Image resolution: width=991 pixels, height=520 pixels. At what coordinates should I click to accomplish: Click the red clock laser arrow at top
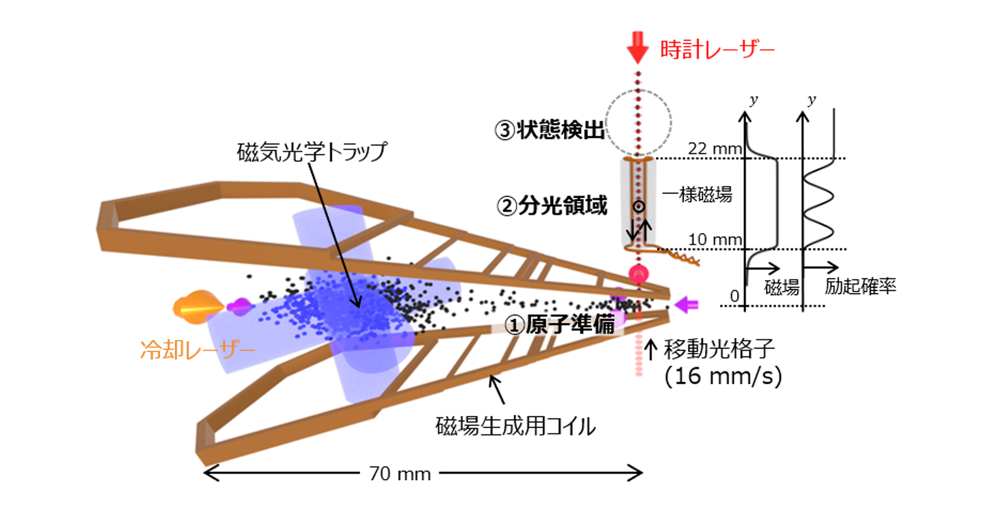(x=638, y=48)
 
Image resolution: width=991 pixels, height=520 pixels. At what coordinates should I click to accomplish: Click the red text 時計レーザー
(x=717, y=50)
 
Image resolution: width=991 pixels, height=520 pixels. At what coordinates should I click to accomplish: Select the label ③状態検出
(x=550, y=130)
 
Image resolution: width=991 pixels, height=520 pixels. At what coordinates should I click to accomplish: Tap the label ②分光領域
(x=551, y=206)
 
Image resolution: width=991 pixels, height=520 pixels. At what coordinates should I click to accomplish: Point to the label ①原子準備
(x=559, y=325)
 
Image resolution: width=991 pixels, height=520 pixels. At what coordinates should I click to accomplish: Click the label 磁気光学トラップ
(x=312, y=152)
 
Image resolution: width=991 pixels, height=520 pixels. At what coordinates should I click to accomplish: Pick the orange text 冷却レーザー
(x=198, y=350)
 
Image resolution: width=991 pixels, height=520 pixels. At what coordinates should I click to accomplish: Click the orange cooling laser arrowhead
(x=198, y=308)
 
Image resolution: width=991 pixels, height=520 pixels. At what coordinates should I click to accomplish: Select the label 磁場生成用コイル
(x=515, y=426)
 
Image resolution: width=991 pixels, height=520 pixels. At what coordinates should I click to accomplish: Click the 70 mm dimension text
(x=400, y=474)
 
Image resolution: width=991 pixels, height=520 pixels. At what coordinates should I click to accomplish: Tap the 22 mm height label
(x=715, y=148)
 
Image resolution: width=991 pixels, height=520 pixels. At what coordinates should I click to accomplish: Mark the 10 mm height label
(x=715, y=239)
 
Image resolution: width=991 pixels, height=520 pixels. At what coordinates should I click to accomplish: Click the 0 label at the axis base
(x=734, y=296)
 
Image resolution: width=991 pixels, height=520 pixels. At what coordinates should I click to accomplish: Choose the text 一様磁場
(x=697, y=194)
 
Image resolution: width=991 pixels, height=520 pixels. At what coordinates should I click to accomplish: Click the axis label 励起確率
(x=861, y=286)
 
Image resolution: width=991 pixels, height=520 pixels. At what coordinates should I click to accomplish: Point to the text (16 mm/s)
(x=723, y=376)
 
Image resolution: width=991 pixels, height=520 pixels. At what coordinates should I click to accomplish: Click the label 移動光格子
(x=719, y=349)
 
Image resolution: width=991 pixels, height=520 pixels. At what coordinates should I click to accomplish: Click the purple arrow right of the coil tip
(x=687, y=305)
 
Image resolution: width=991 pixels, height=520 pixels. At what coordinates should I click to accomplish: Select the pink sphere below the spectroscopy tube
(x=639, y=274)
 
